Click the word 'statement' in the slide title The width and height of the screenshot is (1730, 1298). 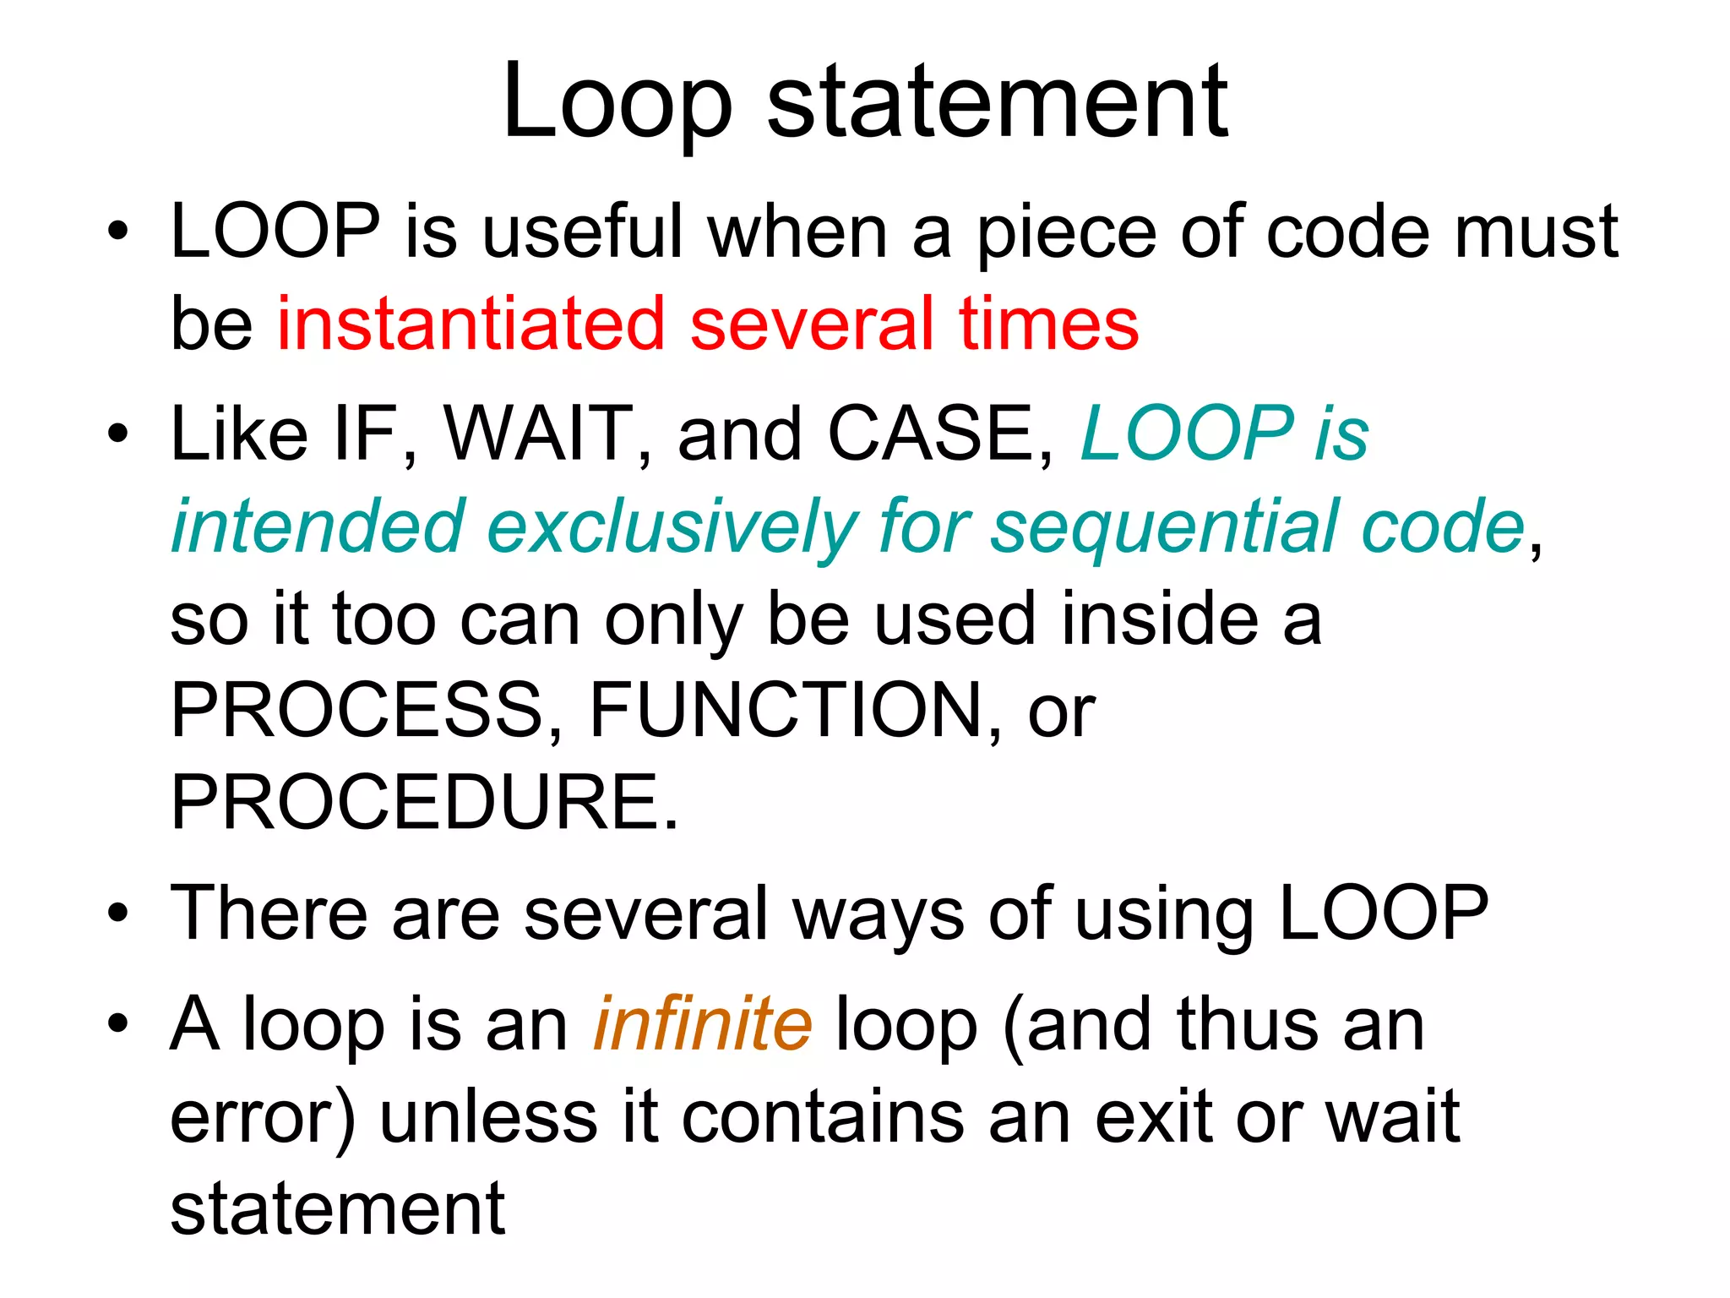pyautogui.click(x=997, y=103)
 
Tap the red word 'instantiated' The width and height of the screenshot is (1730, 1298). pyautogui.click(x=471, y=324)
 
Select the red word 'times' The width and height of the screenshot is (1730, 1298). pyautogui.click(x=1049, y=324)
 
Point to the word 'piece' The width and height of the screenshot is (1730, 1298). pyautogui.click(x=1066, y=234)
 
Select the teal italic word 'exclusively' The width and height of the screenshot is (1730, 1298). pyautogui.click(x=672, y=527)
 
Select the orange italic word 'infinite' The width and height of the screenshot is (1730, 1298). pyautogui.click(x=703, y=1024)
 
